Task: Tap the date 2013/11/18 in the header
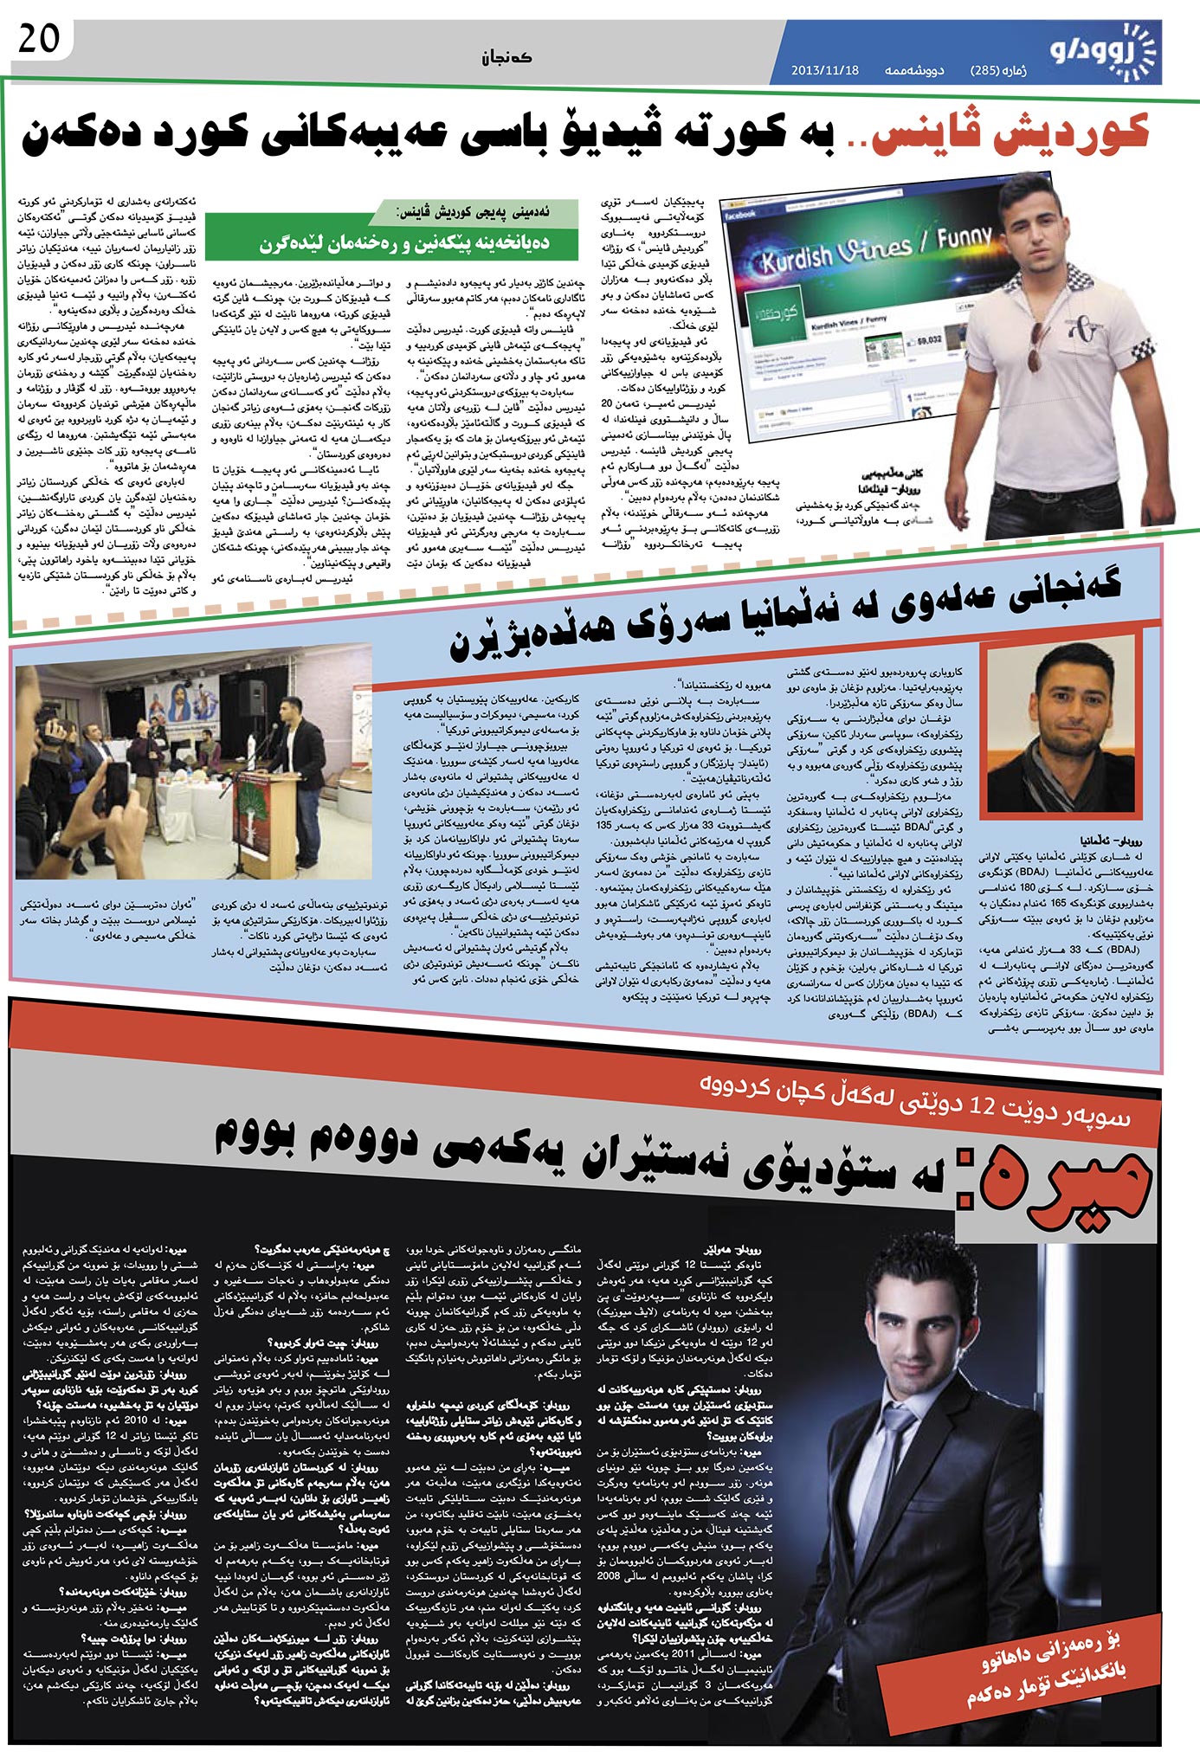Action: click(824, 70)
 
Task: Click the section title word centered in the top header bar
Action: click(508, 57)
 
